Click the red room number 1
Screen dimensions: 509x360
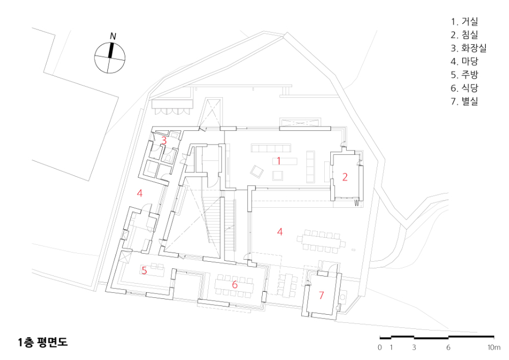coord(278,160)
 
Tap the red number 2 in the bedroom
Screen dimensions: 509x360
coord(345,177)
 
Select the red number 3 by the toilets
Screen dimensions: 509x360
coord(164,141)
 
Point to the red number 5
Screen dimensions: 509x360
coord(144,271)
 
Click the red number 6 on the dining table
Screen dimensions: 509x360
coord(235,285)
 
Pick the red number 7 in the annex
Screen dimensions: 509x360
coord(322,295)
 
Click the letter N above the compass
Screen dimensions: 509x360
coord(113,36)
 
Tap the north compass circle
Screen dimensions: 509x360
coord(110,58)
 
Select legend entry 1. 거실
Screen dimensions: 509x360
coord(464,22)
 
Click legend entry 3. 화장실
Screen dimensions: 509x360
coord(469,48)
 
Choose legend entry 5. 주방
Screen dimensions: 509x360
coord(464,75)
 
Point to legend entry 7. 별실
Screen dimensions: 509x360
coord(464,101)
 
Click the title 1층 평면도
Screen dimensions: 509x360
coord(43,342)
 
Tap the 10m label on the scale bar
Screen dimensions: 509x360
coord(494,347)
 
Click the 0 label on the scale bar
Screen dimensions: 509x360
coord(380,347)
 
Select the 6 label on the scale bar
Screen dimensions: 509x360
coord(449,347)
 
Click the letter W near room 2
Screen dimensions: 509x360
coord(357,203)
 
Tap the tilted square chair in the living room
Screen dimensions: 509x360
coord(257,171)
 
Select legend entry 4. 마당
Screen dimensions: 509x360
coord(464,62)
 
